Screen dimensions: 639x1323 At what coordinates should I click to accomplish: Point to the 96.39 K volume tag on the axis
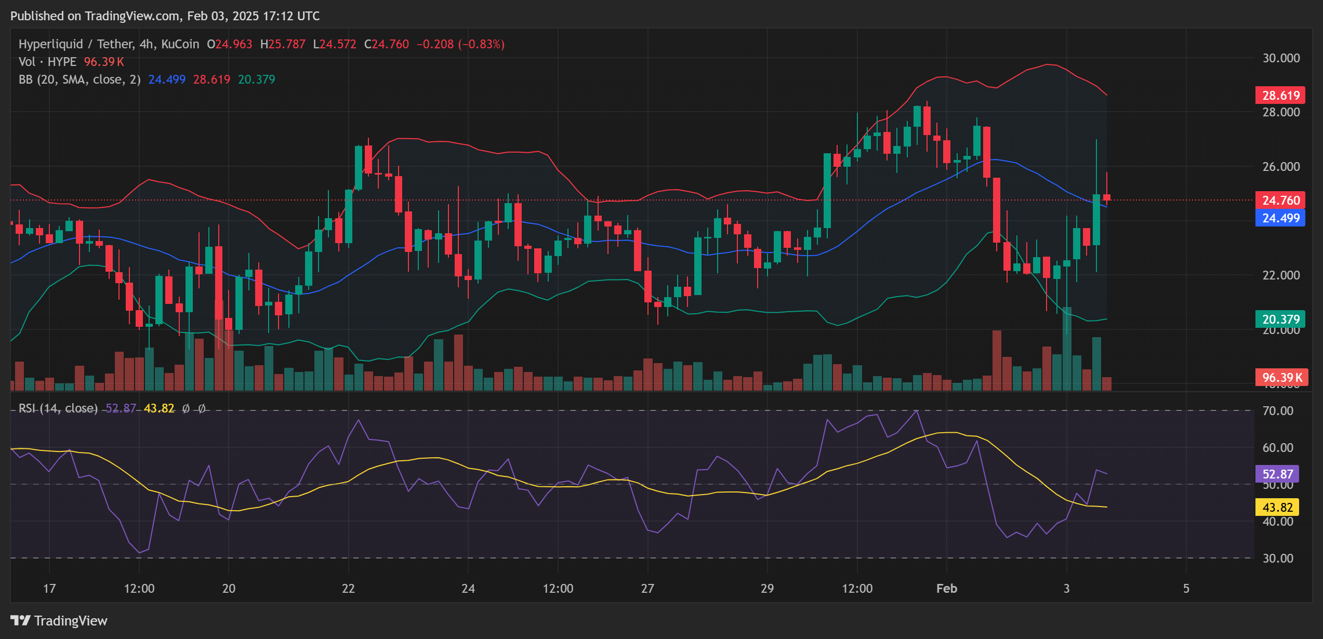tap(1281, 377)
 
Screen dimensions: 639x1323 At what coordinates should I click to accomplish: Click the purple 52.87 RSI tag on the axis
tap(1277, 474)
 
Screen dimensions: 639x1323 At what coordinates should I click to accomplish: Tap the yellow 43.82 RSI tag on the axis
tap(1277, 507)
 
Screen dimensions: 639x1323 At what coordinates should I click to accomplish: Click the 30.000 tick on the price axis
tap(1281, 58)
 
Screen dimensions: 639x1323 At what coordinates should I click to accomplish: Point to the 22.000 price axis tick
tap(1281, 275)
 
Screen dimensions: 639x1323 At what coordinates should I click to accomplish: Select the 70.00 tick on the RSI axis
tap(1278, 411)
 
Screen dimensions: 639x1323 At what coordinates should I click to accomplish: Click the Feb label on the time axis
tap(946, 589)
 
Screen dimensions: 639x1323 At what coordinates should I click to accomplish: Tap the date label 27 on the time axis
tap(647, 589)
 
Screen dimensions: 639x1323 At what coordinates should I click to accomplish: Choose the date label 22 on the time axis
tap(348, 589)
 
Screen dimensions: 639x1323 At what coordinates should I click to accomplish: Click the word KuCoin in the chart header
tap(180, 44)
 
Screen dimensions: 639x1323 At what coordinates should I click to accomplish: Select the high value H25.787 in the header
tap(283, 44)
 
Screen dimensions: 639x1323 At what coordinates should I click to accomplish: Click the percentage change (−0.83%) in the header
tap(481, 44)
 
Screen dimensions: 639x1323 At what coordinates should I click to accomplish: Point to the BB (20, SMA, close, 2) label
tap(80, 79)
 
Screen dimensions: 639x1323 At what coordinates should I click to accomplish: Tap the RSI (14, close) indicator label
tap(58, 408)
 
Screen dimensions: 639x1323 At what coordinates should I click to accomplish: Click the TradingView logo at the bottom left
tap(59, 621)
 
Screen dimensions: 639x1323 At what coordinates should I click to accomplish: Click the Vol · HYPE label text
tap(47, 62)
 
